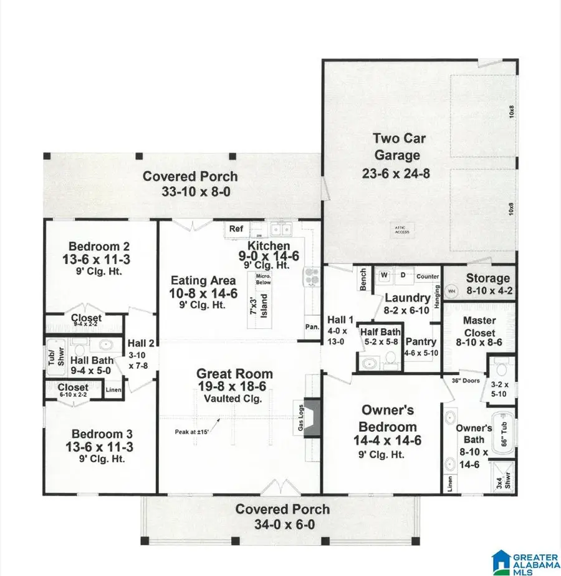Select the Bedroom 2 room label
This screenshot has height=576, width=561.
tap(100, 245)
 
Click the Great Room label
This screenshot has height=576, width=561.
tap(234, 374)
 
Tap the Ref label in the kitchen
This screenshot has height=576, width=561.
tap(236, 229)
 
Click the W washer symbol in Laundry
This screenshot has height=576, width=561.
tap(385, 275)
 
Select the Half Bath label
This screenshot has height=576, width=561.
tap(379, 332)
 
